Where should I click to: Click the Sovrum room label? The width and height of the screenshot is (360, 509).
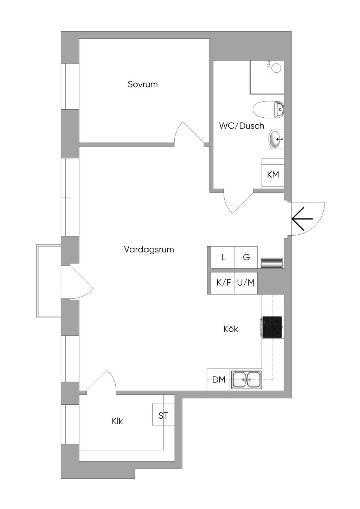(143, 84)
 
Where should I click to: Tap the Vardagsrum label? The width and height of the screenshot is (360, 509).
(149, 249)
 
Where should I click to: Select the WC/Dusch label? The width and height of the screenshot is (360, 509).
(242, 126)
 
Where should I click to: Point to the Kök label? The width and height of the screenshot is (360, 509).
(231, 329)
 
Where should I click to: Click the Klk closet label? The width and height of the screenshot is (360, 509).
(117, 421)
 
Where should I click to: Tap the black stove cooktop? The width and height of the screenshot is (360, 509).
(272, 327)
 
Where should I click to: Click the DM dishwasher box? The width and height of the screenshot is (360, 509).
(218, 379)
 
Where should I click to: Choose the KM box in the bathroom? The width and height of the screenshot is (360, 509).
(273, 174)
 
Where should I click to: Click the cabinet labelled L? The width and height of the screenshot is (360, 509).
(223, 257)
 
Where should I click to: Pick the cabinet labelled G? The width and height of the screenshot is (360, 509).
(246, 257)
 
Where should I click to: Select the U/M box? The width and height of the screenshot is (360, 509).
(246, 283)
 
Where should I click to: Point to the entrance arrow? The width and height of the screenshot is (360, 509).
(302, 218)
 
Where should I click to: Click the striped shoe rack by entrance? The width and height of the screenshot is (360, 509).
(271, 263)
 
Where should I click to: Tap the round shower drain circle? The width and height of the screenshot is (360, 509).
(277, 68)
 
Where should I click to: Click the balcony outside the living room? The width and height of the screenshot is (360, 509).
(49, 281)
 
